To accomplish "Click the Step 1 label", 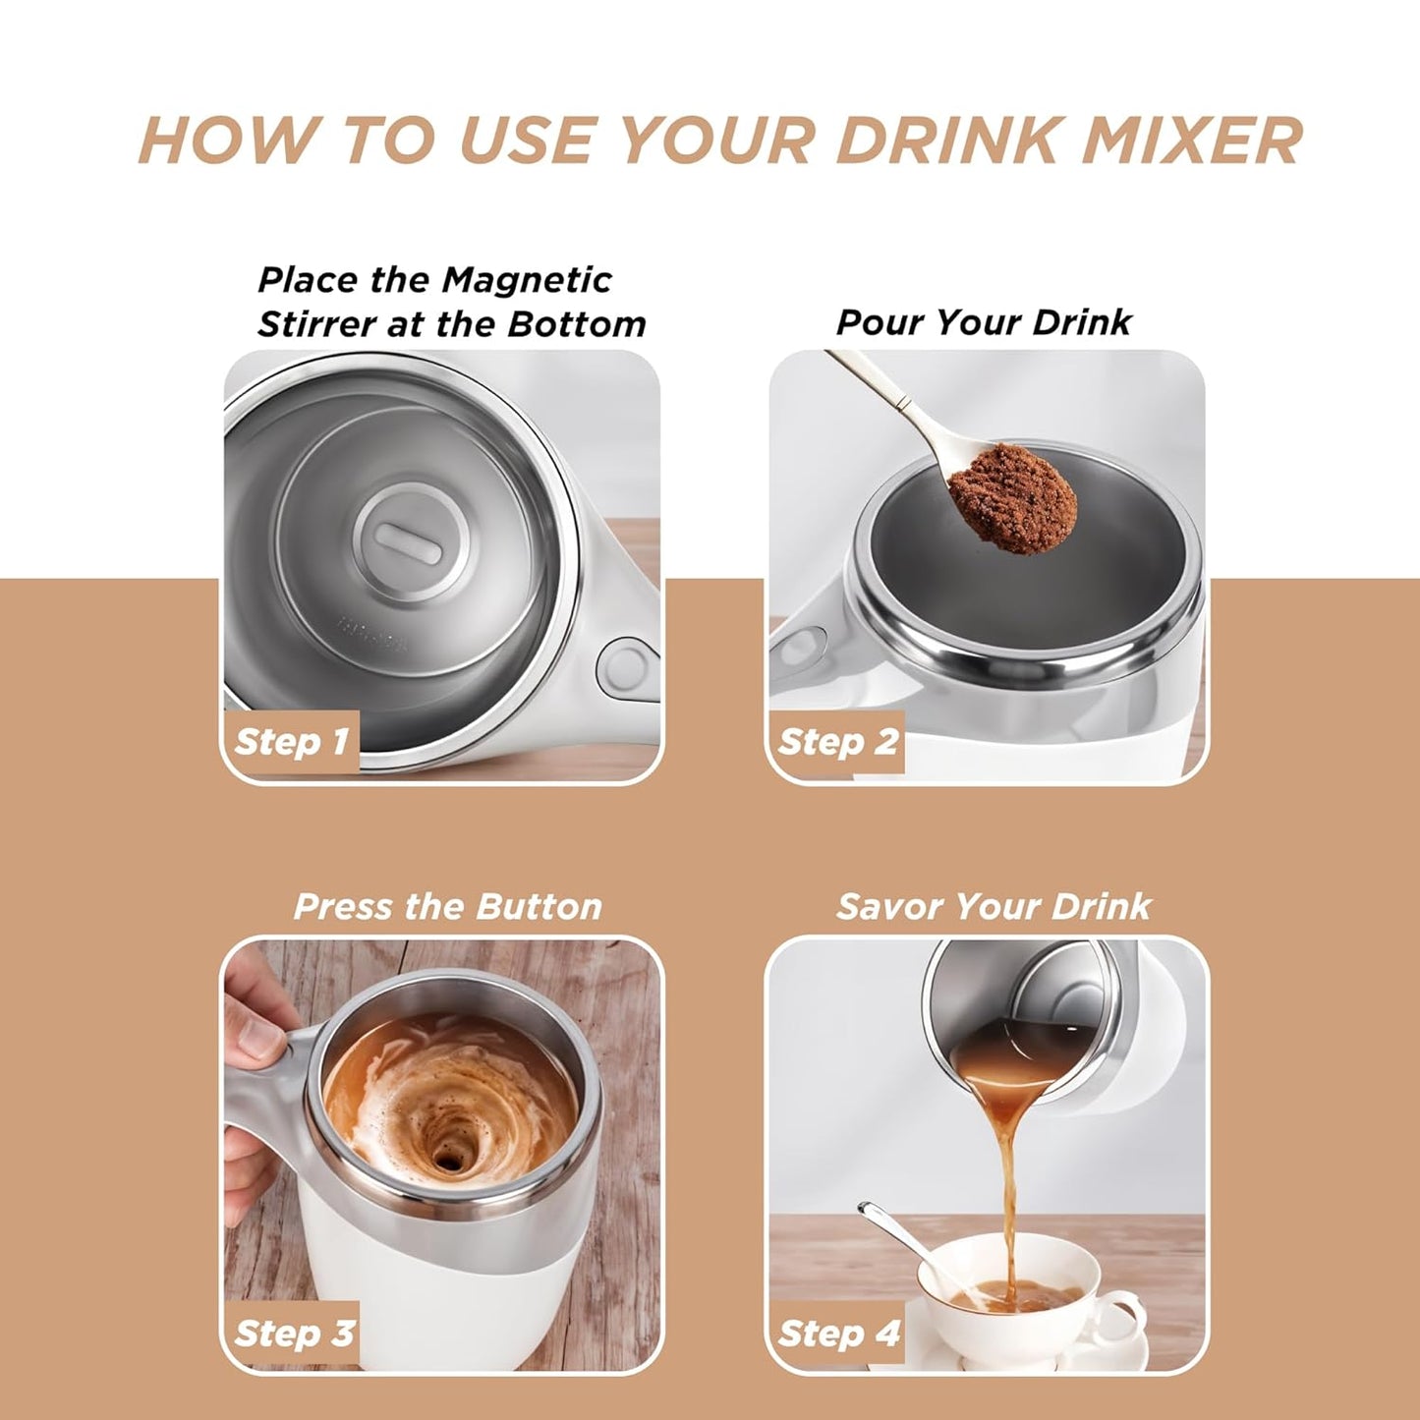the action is click(x=291, y=741).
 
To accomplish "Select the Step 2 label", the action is click(x=837, y=741).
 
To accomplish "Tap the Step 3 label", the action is click(x=293, y=1334).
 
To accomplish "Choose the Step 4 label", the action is click(x=838, y=1334).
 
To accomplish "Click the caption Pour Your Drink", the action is click(x=984, y=322).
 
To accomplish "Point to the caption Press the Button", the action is click(x=447, y=906).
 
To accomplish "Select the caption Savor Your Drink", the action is click(x=993, y=906).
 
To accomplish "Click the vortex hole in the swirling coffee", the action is click(x=451, y=1159).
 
